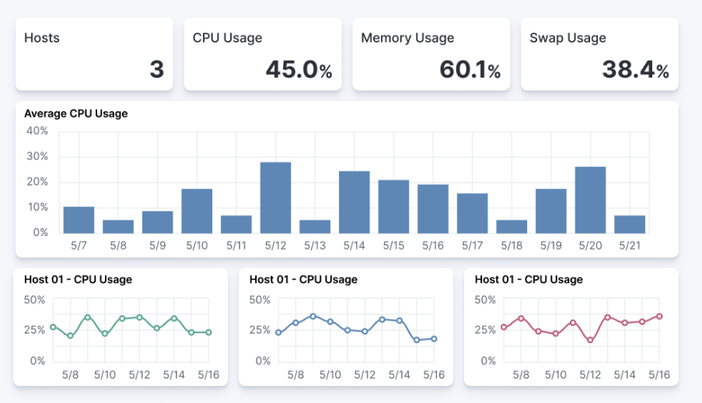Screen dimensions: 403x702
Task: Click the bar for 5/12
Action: (x=275, y=197)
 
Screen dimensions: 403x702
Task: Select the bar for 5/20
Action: (x=590, y=200)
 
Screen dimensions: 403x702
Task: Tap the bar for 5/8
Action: (x=118, y=226)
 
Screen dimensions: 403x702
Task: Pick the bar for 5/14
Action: (x=354, y=202)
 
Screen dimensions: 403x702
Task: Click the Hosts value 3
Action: (x=156, y=70)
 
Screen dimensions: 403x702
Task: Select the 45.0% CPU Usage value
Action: (x=299, y=70)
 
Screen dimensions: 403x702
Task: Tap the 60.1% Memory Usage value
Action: (x=470, y=70)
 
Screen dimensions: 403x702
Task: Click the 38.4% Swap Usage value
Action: (x=635, y=70)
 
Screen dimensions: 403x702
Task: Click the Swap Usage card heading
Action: (x=568, y=37)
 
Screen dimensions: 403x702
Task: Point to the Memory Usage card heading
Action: (x=407, y=37)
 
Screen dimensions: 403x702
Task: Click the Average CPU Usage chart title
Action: (x=76, y=113)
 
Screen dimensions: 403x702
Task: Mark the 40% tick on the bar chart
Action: (x=37, y=131)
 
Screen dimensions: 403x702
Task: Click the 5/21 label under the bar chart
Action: (x=630, y=245)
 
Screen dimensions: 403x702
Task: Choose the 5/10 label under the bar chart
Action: (x=197, y=245)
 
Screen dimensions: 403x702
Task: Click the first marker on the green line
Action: (x=53, y=327)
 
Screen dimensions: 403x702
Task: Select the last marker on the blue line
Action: (x=434, y=339)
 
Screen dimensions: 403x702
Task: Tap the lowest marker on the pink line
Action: (x=590, y=340)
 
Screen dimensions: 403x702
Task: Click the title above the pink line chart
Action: (x=529, y=280)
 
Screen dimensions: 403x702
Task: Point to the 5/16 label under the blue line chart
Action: (x=434, y=374)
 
